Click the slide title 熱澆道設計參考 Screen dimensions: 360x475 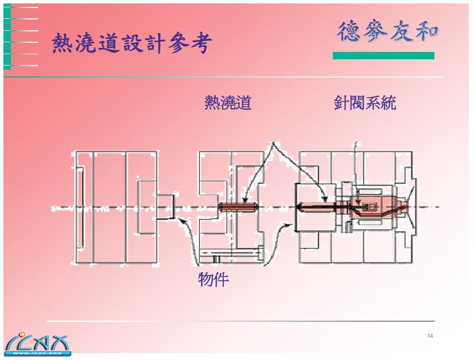132,43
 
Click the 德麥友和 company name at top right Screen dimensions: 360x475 388,31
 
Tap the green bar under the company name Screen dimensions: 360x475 383,56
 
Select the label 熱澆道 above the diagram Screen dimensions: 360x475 228,103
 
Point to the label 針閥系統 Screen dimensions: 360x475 365,103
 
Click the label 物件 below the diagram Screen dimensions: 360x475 213,280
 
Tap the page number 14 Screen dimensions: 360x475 430,335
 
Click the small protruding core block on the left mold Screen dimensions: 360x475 165,207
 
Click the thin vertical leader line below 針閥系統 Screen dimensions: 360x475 356,165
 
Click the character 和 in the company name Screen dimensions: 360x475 426,31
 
